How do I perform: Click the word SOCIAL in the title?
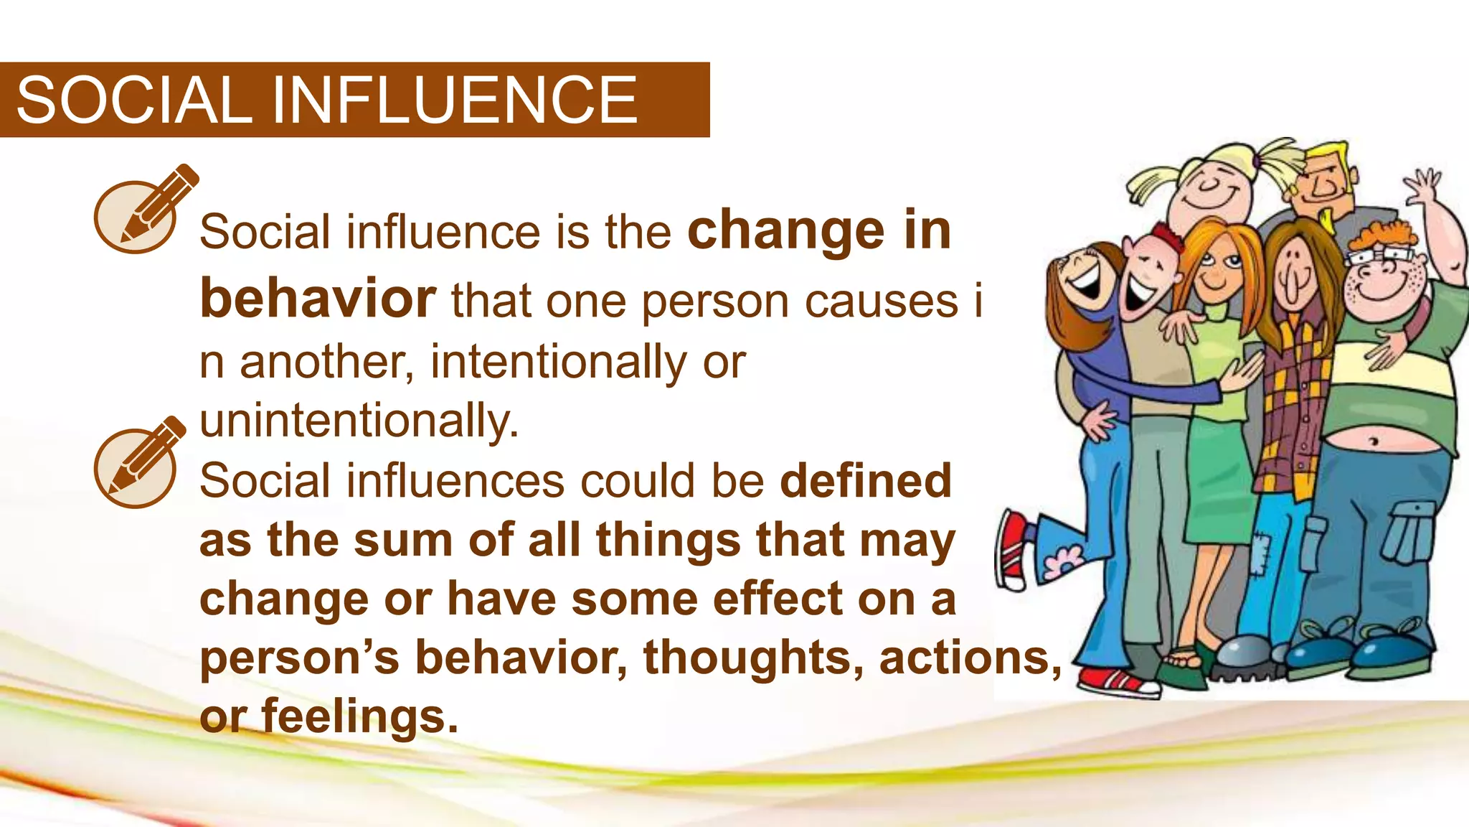tap(133, 101)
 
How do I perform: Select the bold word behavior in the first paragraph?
tap(317, 299)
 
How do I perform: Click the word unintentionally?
tap(359, 421)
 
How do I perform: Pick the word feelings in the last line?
tap(359, 716)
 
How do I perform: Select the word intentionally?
tap(559, 362)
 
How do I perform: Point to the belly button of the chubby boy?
tap(1373, 440)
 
